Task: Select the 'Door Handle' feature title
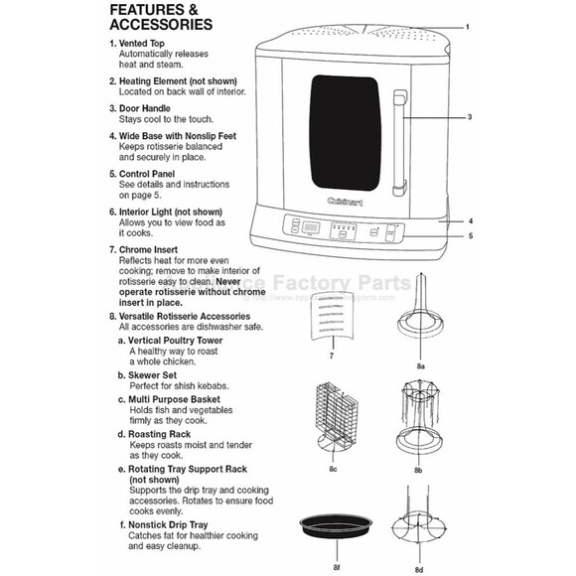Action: [144, 108]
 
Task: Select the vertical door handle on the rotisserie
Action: [400, 141]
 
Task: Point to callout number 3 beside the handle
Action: [468, 116]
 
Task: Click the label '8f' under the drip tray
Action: [337, 566]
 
